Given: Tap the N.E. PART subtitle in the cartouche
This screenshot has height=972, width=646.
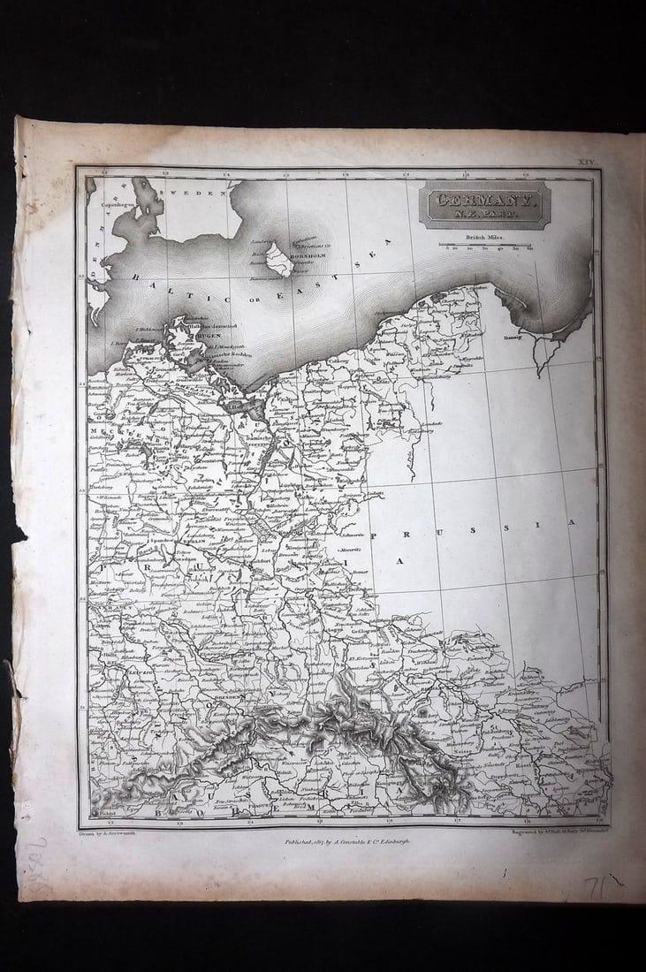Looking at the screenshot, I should tap(483, 215).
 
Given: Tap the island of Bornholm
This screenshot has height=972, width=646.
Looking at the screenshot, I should tap(280, 260).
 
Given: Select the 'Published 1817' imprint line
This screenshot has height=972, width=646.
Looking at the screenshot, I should tap(346, 842).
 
